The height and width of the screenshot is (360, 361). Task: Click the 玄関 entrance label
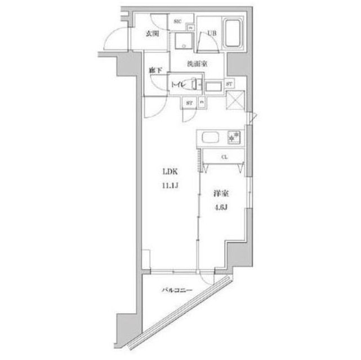pyautogui.click(x=152, y=34)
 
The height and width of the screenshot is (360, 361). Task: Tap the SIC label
pyautogui.click(x=177, y=21)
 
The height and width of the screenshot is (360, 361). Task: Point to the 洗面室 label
pyautogui.click(x=197, y=64)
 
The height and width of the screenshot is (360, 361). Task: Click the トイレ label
pyautogui.click(x=179, y=84)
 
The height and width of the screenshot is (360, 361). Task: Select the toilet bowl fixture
pyautogui.click(x=193, y=84)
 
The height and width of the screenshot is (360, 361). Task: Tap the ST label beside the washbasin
pyautogui.click(x=229, y=84)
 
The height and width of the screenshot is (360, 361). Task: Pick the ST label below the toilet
pyautogui.click(x=189, y=103)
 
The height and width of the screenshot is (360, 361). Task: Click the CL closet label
pyautogui.click(x=224, y=157)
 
